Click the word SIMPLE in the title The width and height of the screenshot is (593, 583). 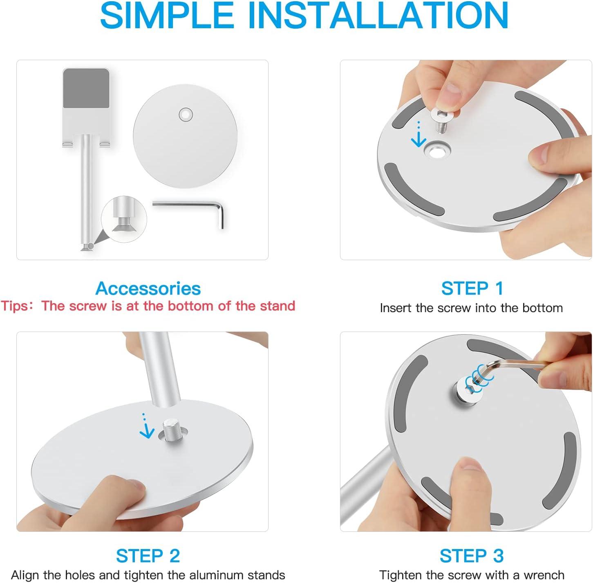(x=167, y=16)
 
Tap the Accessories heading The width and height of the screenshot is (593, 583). (x=148, y=288)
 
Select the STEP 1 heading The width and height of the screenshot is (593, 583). (x=472, y=288)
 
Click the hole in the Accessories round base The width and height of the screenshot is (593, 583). (x=186, y=115)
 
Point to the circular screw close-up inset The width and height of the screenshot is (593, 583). (x=124, y=219)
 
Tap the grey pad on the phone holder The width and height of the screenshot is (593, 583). (x=86, y=88)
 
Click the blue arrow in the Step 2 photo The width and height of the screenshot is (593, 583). (x=146, y=426)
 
